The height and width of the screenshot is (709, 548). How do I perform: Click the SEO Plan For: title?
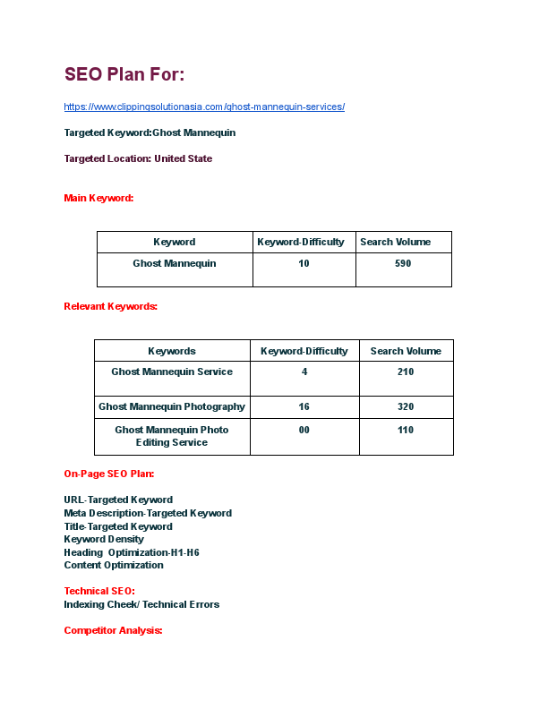[124, 74]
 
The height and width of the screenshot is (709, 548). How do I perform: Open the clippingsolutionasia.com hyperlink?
[204, 107]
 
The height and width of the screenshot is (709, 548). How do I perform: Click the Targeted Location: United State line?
[138, 158]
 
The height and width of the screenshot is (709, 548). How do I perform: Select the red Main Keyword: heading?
[98, 198]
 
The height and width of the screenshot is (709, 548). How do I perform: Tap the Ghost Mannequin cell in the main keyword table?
[175, 264]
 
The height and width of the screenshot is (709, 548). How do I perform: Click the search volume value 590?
[403, 264]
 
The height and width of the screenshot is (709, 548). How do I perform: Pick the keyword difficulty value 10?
[304, 264]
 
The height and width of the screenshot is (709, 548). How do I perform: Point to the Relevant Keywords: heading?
[110, 306]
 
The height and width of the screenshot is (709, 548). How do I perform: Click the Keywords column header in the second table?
[172, 351]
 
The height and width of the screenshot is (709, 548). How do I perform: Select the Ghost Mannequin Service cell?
[172, 372]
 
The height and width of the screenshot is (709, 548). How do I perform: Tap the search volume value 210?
[406, 372]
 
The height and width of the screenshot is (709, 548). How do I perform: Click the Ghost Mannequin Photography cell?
[172, 406]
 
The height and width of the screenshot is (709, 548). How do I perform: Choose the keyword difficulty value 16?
[304, 406]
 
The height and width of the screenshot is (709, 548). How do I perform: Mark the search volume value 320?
[406, 406]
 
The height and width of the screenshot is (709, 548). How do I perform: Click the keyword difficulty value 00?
[304, 430]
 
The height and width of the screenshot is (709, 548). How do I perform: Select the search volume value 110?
[406, 430]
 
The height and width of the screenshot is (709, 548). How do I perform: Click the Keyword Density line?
[104, 540]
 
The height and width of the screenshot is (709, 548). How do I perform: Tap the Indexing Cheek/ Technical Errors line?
[141, 604]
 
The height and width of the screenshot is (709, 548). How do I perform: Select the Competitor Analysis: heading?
[113, 630]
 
